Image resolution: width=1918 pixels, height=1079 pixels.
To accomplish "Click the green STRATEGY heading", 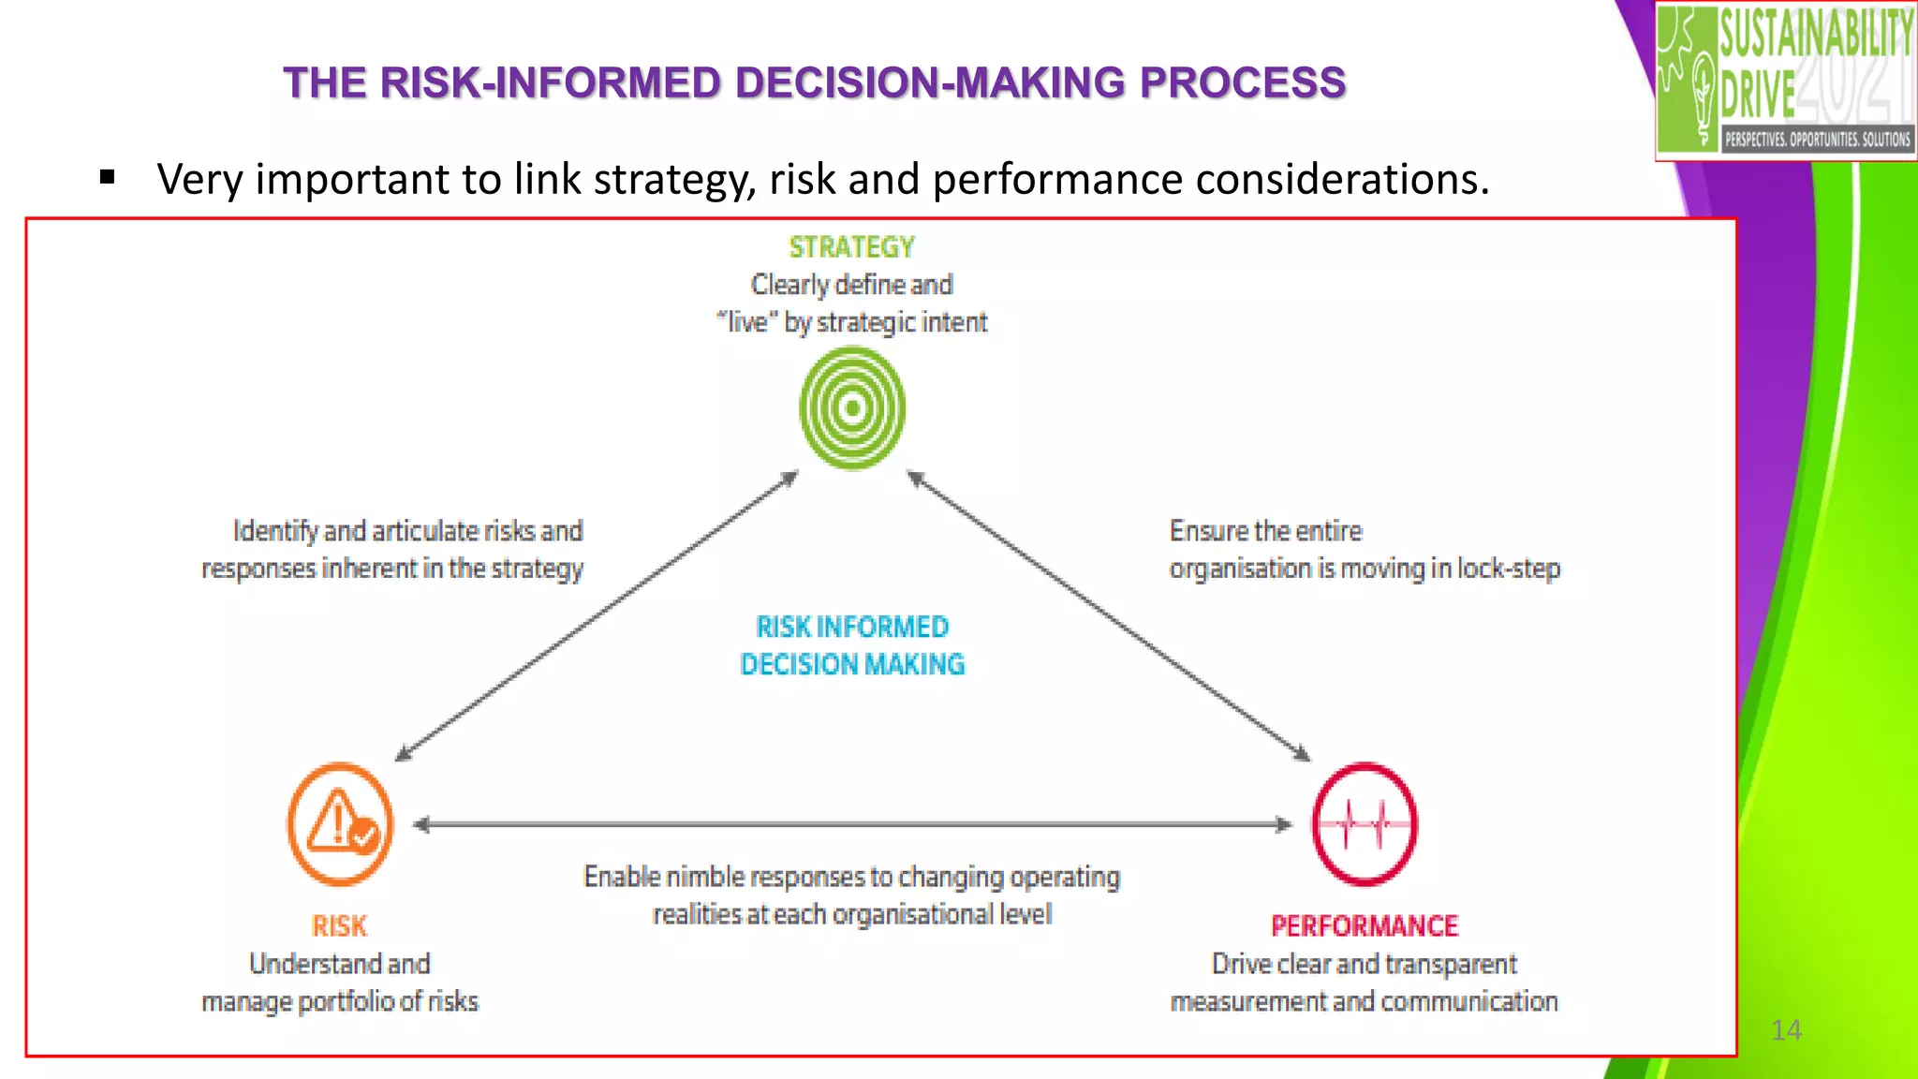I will tap(851, 247).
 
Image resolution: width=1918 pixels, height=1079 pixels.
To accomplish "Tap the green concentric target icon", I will tap(852, 408).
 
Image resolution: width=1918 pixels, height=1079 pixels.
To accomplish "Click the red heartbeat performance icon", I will tap(1364, 824).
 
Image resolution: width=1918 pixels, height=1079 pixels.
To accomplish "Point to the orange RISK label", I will tap(339, 926).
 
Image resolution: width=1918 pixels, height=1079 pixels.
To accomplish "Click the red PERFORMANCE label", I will tap(1364, 926).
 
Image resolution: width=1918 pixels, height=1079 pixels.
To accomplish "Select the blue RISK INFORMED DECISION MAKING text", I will tap(851, 645).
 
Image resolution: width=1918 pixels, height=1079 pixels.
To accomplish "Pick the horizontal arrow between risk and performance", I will tap(851, 824).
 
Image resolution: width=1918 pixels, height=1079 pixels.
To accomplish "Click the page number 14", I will tap(1786, 1030).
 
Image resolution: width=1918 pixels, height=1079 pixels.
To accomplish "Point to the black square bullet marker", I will tap(107, 177).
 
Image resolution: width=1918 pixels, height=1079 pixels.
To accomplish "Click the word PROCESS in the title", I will tap(1242, 82).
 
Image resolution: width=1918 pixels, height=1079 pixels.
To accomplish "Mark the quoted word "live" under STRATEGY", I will tap(747, 322).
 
